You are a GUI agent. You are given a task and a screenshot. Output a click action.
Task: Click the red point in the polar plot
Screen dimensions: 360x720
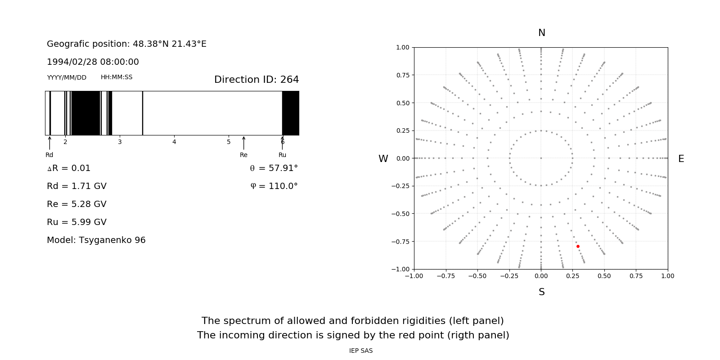click(x=578, y=246)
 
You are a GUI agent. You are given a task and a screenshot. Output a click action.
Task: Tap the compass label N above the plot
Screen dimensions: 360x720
click(x=542, y=33)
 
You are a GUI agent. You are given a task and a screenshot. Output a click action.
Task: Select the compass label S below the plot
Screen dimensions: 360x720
click(x=542, y=292)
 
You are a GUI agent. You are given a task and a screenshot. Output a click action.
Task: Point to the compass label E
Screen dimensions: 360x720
click(x=681, y=159)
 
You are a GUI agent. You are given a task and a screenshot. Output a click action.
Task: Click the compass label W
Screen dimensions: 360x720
click(x=383, y=159)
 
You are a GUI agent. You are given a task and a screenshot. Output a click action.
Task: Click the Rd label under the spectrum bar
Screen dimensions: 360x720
click(x=49, y=155)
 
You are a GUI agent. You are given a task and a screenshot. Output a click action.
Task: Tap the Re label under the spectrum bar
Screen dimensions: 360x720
click(x=243, y=155)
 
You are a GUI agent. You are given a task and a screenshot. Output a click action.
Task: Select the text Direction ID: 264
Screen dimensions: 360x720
click(x=256, y=80)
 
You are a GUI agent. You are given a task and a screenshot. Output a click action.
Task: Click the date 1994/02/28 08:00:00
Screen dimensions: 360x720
click(x=93, y=62)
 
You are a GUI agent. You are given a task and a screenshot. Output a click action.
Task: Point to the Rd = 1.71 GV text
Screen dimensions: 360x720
click(x=76, y=186)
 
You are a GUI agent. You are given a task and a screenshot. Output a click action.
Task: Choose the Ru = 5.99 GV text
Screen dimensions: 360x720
click(x=76, y=222)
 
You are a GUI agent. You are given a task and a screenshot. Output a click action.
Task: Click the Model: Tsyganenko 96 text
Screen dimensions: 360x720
click(x=96, y=240)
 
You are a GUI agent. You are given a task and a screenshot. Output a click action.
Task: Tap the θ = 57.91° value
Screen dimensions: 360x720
click(x=274, y=168)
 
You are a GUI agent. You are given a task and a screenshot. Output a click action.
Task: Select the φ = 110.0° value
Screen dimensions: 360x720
click(x=274, y=186)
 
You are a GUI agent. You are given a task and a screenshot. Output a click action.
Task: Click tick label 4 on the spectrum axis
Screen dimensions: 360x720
click(x=174, y=142)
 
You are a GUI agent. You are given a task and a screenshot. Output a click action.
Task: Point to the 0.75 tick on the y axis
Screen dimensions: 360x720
click(x=402, y=75)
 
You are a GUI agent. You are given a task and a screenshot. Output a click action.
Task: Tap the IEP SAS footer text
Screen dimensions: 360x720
click(x=361, y=351)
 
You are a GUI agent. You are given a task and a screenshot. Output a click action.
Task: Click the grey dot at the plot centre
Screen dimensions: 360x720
click(x=541, y=158)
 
